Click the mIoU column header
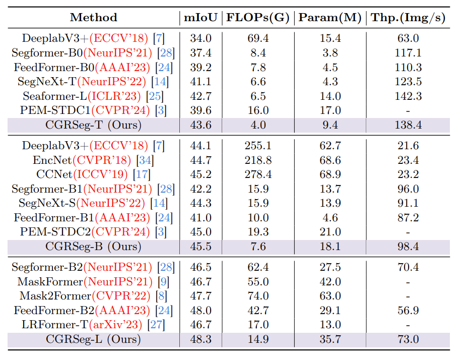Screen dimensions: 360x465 [x=201, y=18]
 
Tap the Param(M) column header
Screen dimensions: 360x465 [x=330, y=18]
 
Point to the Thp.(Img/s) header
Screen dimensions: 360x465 [x=408, y=18]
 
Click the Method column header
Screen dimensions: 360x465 [x=94, y=18]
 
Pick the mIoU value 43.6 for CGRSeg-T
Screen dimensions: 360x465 [x=201, y=125]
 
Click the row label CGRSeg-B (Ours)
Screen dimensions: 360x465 [x=94, y=247]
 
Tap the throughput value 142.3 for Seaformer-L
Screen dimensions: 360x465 [x=408, y=96]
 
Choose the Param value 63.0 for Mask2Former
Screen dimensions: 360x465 [x=330, y=296]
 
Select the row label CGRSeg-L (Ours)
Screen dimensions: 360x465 [x=94, y=339]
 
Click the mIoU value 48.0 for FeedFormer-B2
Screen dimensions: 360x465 [x=201, y=311]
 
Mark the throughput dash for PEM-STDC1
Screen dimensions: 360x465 [x=408, y=110]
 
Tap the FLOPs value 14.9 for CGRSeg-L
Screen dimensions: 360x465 [x=259, y=339]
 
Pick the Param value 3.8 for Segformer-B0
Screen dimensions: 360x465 [x=330, y=52]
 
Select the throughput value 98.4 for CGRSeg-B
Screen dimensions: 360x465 [x=408, y=247]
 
